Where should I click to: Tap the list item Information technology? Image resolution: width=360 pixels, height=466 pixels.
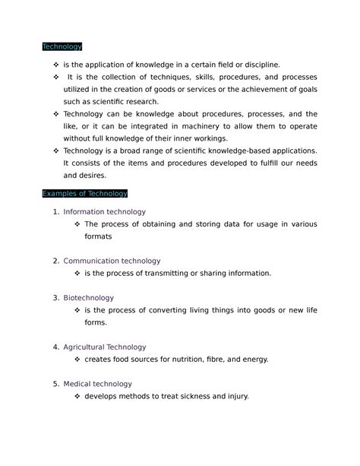click(x=105, y=211)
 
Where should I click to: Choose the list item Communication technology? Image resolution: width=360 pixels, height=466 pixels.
click(x=112, y=261)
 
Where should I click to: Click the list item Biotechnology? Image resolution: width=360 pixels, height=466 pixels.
click(x=89, y=297)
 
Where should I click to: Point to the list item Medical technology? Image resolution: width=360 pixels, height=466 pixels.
click(x=98, y=384)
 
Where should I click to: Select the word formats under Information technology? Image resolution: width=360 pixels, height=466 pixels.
click(x=98, y=236)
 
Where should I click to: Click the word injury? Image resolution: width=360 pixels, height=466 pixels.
click(x=234, y=396)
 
